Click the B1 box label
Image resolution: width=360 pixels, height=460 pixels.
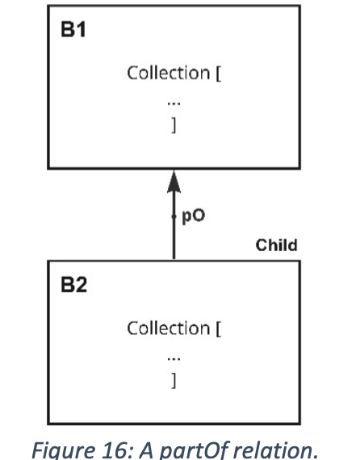(x=73, y=29)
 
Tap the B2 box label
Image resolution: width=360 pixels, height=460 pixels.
(x=74, y=285)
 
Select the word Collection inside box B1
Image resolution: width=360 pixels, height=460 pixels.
(x=169, y=73)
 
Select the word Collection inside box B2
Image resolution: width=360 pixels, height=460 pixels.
(x=169, y=328)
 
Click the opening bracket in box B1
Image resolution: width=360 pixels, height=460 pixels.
(x=218, y=73)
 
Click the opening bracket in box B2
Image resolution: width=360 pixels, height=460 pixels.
(x=218, y=329)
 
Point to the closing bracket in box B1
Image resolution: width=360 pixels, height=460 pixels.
(x=174, y=125)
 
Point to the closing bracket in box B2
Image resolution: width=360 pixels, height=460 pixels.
(x=174, y=380)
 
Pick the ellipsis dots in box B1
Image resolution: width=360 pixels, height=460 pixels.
(x=174, y=103)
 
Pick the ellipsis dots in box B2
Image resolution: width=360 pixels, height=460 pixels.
(x=174, y=358)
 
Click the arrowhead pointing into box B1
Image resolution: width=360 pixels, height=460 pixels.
(x=174, y=182)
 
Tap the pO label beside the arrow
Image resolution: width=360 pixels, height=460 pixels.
(x=194, y=216)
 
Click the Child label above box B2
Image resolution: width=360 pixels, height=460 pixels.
(x=276, y=245)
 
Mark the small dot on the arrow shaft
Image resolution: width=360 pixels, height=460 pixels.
(x=174, y=216)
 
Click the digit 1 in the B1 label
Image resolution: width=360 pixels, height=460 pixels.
(x=81, y=29)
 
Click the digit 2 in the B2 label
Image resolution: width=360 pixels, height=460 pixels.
(x=82, y=285)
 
